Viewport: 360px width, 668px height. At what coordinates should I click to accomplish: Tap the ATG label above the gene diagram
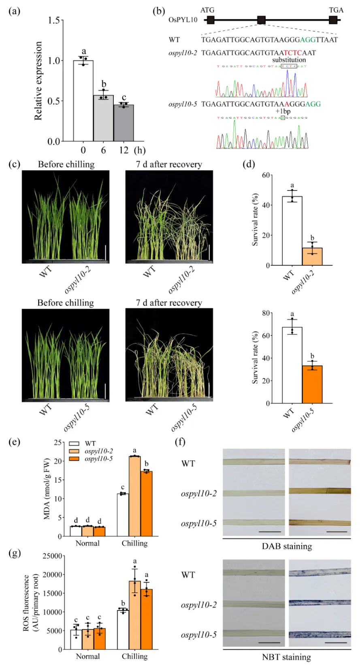pyautogui.click(x=207, y=10)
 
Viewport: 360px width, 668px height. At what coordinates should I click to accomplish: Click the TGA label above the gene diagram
pyautogui.click(x=336, y=10)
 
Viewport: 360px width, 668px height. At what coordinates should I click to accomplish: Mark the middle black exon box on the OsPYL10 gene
pyautogui.click(x=261, y=20)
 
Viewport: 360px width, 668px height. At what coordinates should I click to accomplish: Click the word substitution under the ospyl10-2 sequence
pyautogui.click(x=289, y=60)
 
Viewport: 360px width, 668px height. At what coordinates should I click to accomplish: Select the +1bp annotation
pyautogui.click(x=283, y=111)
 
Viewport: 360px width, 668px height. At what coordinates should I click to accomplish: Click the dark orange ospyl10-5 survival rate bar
pyautogui.click(x=312, y=384)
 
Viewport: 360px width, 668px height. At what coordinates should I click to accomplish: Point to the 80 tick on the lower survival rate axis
pyautogui.click(x=266, y=313)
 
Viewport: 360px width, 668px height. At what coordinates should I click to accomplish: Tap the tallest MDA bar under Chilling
pyautogui.click(x=134, y=496)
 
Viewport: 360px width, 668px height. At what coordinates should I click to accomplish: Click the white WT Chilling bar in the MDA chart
pyautogui.click(x=123, y=515)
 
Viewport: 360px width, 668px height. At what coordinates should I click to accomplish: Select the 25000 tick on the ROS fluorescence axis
pyautogui.click(x=53, y=556)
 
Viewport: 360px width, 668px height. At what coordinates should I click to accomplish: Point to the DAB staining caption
pyautogui.click(x=287, y=546)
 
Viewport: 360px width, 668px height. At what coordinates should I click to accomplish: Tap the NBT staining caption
pyautogui.click(x=286, y=657)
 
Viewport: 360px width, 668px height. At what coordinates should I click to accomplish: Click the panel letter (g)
pyautogui.click(x=15, y=553)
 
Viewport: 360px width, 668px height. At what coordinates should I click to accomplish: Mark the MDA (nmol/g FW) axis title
pyautogui.click(x=47, y=489)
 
